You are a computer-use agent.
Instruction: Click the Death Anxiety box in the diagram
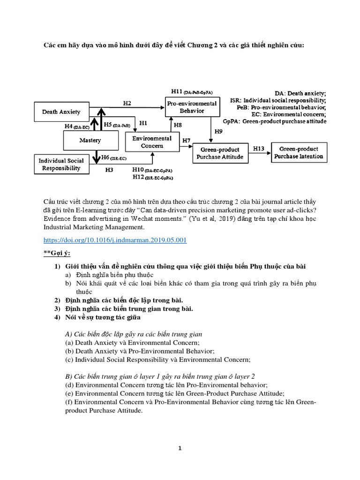(61, 112)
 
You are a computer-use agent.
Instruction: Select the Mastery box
(90, 140)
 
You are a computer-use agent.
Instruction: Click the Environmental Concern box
(151, 142)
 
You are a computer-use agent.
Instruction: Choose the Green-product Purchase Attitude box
(221, 153)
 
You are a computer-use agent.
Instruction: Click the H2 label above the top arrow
(127, 103)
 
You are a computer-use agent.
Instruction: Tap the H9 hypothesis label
(218, 132)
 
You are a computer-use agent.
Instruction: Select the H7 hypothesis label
(186, 140)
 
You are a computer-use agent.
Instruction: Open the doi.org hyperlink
(115, 240)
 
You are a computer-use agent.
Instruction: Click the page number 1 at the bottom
(180, 448)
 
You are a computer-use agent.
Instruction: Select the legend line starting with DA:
(300, 93)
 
